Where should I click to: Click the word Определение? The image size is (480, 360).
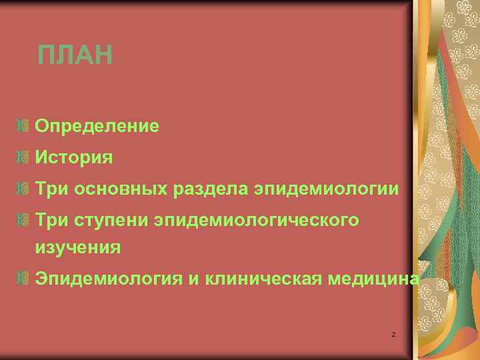[x=97, y=125]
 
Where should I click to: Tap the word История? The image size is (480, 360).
[x=74, y=157]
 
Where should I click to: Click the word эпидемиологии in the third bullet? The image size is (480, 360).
[x=327, y=189]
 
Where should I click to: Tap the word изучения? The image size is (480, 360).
[x=79, y=247]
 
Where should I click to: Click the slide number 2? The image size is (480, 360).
[x=393, y=333]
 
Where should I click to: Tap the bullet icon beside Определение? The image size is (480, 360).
[x=24, y=125]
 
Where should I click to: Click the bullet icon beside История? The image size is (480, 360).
[x=24, y=157]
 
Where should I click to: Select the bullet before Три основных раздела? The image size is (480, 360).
[x=24, y=189]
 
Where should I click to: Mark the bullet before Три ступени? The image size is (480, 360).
[x=24, y=219]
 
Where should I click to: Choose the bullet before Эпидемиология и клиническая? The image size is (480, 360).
[x=24, y=278]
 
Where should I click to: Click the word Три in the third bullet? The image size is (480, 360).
[x=52, y=189]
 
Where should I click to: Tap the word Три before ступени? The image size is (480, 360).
[x=52, y=220]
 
